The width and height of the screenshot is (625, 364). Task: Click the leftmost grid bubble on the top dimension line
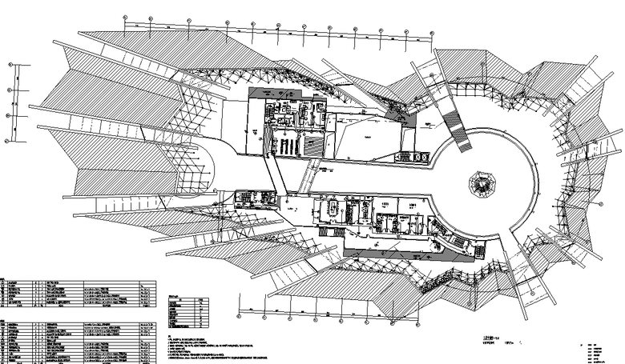[125, 17]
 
